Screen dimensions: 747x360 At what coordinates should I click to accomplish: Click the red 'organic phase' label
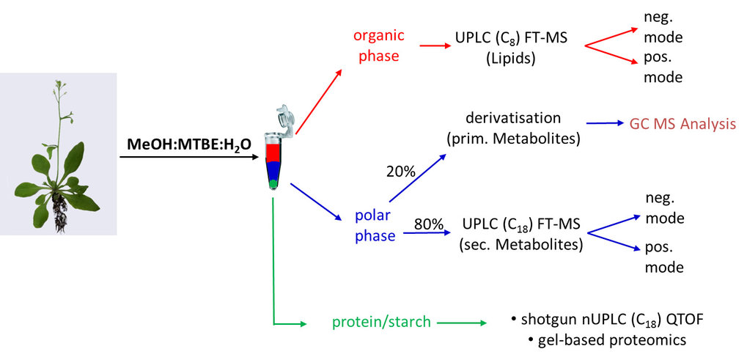[x=379, y=45]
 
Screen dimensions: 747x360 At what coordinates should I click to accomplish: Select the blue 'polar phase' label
[x=375, y=226]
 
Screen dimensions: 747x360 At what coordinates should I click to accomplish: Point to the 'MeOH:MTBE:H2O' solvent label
[x=190, y=144]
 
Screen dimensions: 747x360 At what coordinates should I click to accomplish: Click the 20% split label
[x=401, y=172]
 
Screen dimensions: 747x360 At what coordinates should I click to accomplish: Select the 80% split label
[x=429, y=223]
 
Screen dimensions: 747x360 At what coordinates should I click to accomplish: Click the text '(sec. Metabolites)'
[x=520, y=245]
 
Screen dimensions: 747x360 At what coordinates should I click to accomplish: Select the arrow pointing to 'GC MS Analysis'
[x=605, y=124]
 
